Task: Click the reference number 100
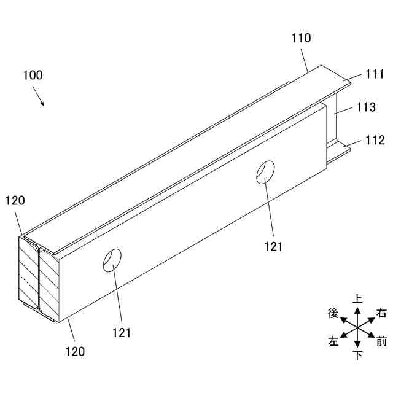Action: tap(33, 76)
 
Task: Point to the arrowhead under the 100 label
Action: tap(43, 104)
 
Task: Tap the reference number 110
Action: tap(301, 38)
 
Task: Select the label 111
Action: tap(374, 75)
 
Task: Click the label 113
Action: tap(366, 107)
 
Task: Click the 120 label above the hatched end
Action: tap(15, 200)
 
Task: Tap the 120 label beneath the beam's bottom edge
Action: tap(75, 351)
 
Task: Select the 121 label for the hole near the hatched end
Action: tap(122, 332)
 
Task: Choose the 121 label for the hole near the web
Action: tap(273, 246)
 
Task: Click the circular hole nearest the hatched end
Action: tap(112, 260)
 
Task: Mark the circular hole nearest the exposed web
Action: tap(265, 172)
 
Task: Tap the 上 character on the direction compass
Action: tap(357, 299)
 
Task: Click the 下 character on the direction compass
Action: tap(357, 356)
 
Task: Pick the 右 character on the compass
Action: tap(381, 313)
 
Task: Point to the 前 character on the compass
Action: tap(381, 341)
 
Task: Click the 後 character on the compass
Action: tap(333, 313)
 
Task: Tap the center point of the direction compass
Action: tap(357, 327)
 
